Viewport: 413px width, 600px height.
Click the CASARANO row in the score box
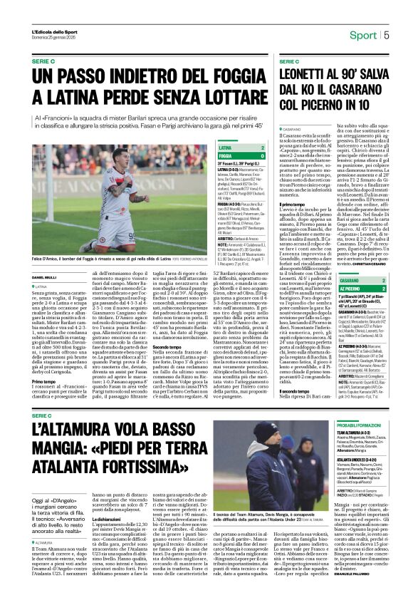click(355, 280)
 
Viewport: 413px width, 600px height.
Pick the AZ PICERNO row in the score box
click(354, 288)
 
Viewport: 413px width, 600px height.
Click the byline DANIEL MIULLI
click(45, 276)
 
